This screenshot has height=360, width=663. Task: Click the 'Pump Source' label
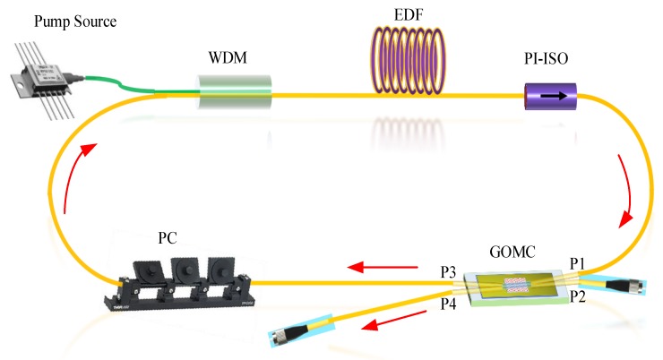[x=56, y=19]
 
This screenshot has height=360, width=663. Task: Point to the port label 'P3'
[x=451, y=270]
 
